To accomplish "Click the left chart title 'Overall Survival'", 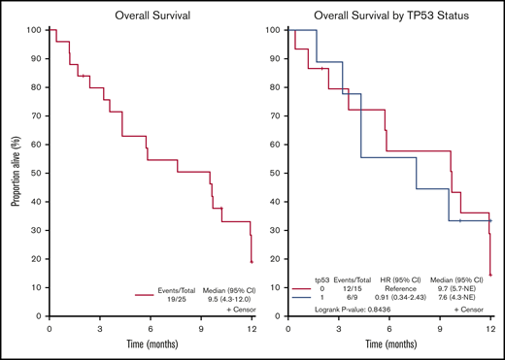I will pos(151,15).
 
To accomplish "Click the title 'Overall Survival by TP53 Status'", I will pos(390,15).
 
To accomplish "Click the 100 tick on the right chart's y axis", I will pos(277,30).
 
